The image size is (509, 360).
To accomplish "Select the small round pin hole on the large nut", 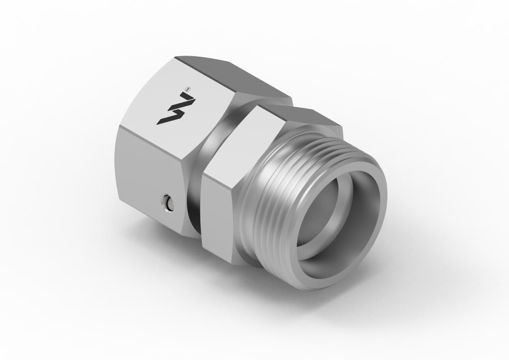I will (168, 202).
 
